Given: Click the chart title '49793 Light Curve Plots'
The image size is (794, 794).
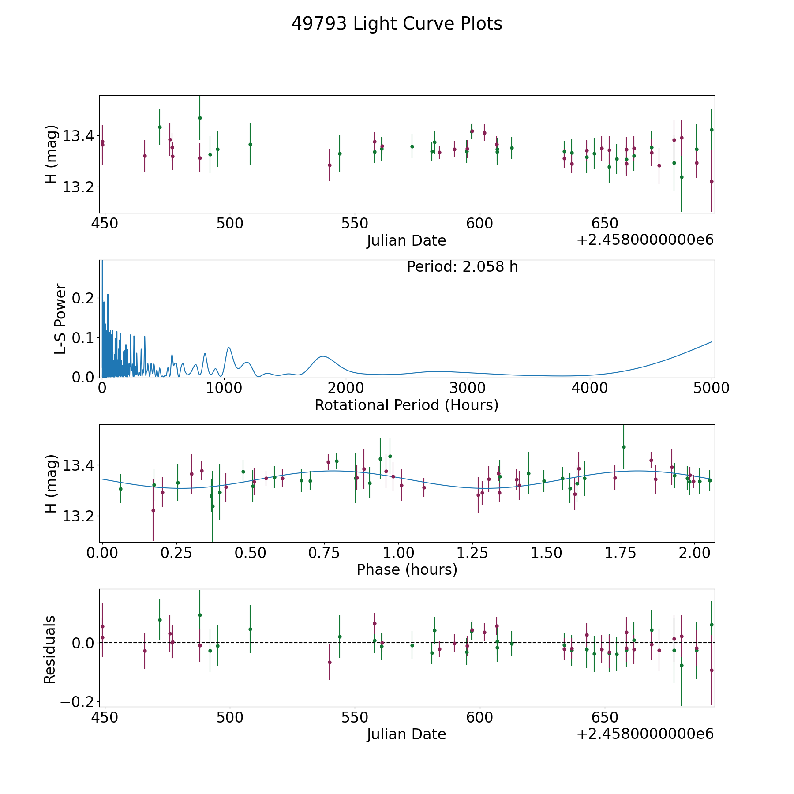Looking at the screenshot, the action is pyautogui.click(x=397, y=24).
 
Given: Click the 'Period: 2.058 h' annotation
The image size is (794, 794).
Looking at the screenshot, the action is pyautogui.click(x=462, y=267).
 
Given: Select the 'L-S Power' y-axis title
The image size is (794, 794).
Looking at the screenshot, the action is pyautogui.click(x=60, y=318).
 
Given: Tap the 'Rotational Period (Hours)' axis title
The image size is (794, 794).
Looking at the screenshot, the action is pyautogui.click(x=407, y=405).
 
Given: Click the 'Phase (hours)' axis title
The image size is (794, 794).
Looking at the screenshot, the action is pyautogui.click(x=407, y=569).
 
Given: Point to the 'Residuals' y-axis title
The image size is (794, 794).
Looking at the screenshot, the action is pyautogui.click(x=49, y=649).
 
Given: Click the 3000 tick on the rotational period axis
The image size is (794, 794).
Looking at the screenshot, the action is pyautogui.click(x=468, y=389).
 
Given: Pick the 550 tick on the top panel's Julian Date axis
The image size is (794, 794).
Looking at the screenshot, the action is pyautogui.click(x=355, y=224).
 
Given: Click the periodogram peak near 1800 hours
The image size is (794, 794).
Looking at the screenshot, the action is pyautogui.click(x=323, y=356).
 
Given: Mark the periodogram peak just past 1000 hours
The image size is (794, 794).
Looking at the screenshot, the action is pyautogui.click(x=229, y=348).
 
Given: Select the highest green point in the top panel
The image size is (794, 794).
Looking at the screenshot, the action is pyautogui.click(x=200, y=118).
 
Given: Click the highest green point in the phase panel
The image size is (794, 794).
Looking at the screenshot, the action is pyautogui.click(x=624, y=447).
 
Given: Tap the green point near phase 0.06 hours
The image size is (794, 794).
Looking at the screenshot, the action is pyautogui.click(x=120, y=489).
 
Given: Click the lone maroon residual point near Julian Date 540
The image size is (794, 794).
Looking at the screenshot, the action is pyautogui.click(x=330, y=662).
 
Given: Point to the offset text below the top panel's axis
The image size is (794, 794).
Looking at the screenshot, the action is pyautogui.click(x=645, y=240).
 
